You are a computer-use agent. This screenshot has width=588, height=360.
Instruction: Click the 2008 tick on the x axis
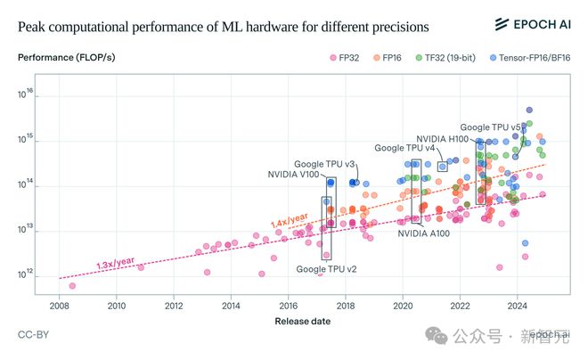click(59, 306)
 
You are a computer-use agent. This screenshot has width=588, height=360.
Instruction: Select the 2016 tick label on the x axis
click(288, 306)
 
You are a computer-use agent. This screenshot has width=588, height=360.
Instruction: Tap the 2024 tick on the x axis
click(518, 306)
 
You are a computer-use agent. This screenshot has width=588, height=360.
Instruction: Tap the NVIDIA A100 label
click(423, 233)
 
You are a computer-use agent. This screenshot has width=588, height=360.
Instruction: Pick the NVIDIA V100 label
click(293, 175)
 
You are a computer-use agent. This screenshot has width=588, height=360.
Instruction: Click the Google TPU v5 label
click(492, 127)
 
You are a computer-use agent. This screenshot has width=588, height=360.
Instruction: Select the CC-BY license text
click(33, 335)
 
